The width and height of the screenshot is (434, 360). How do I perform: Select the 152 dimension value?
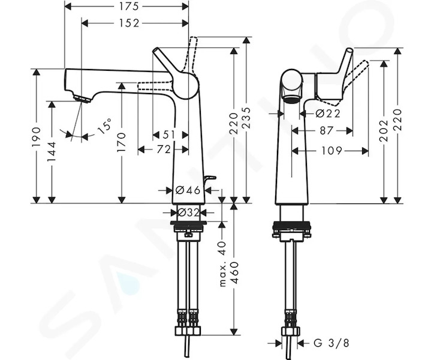point(129,23)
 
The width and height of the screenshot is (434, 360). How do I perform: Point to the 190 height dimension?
point(37,137)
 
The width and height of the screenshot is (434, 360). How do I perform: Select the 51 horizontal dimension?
point(168,135)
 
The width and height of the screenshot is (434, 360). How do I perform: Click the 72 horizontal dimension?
point(164,149)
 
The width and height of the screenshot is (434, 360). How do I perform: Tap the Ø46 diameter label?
point(188,190)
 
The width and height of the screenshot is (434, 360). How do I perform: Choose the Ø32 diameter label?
point(188,212)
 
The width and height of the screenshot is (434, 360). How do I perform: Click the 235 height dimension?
point(246,118)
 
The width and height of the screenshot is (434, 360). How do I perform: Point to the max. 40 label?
point(223,264)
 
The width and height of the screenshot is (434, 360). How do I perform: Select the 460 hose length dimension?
point(235,272)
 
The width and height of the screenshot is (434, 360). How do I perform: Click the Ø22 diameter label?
point(328,113)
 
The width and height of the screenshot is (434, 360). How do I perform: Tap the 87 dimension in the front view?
point(325,131)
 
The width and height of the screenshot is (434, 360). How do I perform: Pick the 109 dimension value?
point(332,151)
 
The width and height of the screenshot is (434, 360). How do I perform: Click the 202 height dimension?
point(384,131)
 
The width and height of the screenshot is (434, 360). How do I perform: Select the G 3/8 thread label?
point(331,343)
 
